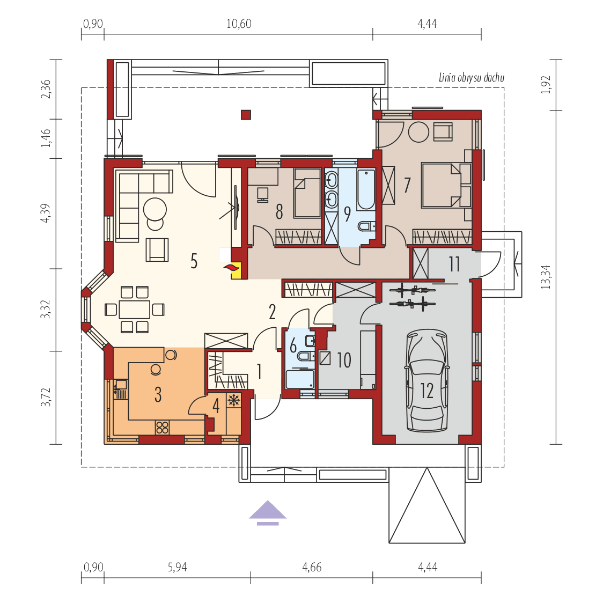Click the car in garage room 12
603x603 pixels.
pos(427,381)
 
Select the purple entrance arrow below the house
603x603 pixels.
pos(268,512)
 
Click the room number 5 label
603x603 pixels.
pos(194,261)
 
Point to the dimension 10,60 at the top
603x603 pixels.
pos(239,24)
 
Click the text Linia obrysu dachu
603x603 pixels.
pos(471,78)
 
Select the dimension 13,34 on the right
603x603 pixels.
pos(546,278)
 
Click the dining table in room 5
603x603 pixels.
pos(134,310)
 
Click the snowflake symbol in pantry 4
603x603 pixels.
pos(233,400)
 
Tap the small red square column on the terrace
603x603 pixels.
pos(246,114)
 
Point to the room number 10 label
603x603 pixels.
pos(344,360)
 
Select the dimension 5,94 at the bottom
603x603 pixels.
pos(177,567)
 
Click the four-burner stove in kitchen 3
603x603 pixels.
pos(162,427)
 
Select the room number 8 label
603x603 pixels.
pos(279,212)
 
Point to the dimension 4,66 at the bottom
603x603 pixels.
pos(312,567)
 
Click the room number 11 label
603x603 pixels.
pos(454,264)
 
